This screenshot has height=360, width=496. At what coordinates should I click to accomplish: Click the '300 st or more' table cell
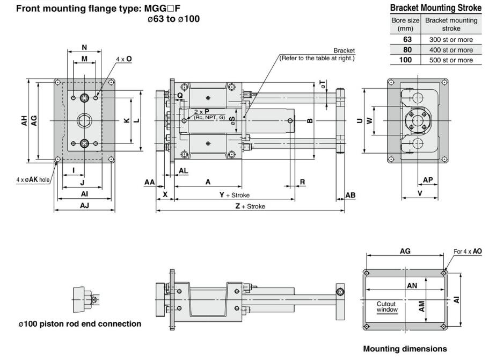[450, 40]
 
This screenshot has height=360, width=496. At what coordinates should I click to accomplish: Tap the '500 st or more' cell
[450, 60]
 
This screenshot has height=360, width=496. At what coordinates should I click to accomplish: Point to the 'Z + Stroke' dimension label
[250, 206]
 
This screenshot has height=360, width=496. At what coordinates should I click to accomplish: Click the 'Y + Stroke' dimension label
[234, 195]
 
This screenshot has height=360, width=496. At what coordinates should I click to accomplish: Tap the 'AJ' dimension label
[85, 206]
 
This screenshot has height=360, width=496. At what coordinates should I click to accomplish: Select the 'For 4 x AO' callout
[468, 251]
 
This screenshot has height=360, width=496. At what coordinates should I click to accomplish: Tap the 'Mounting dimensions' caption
[405, 349]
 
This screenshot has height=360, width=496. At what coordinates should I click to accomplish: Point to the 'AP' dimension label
[428, 180]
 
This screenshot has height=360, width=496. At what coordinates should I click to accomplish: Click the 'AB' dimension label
[350, 195]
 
